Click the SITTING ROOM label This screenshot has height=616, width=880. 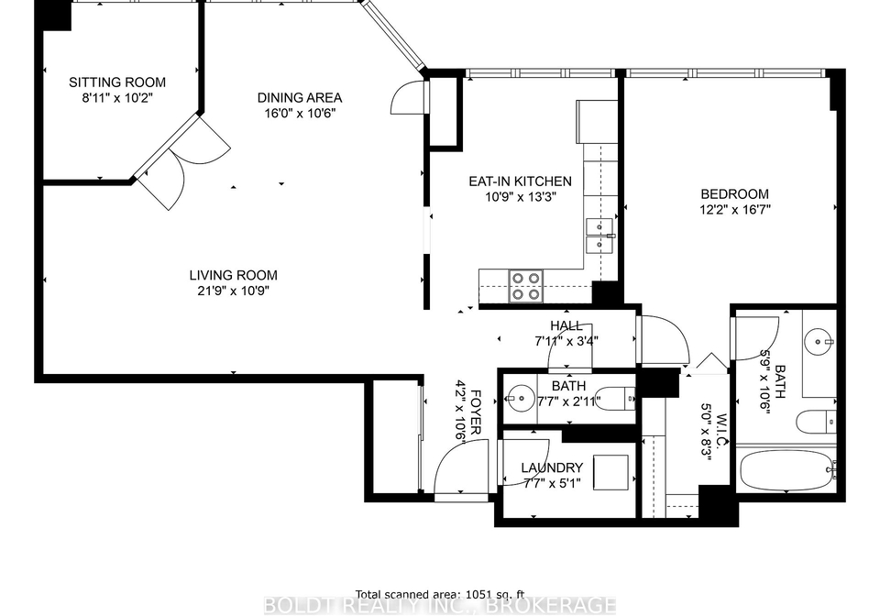pos(117,82)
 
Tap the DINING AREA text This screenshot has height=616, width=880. pos(300,97)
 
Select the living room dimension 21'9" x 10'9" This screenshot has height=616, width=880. pos(233,291)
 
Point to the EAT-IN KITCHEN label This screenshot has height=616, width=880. pos(521,181)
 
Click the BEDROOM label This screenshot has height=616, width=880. pos(734,194)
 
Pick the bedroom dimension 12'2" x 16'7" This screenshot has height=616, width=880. pos(734,210)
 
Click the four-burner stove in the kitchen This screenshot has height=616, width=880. pos(526,286)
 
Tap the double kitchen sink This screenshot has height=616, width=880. pos(599,236)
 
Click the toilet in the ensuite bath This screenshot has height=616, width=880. pos(816,422)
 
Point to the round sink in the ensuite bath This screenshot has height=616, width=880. pos(819,340)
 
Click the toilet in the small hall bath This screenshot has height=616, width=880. pos(615,399)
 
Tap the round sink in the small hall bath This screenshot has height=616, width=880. pos(521,399)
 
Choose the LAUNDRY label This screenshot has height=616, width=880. pos(552,467)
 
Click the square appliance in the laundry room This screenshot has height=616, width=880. pos(611,472)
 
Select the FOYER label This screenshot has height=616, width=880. pos(476,412)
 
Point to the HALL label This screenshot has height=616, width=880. pos(566,325)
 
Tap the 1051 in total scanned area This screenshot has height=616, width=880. pos(476,594)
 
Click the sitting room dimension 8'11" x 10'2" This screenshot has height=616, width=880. pos(117,98)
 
